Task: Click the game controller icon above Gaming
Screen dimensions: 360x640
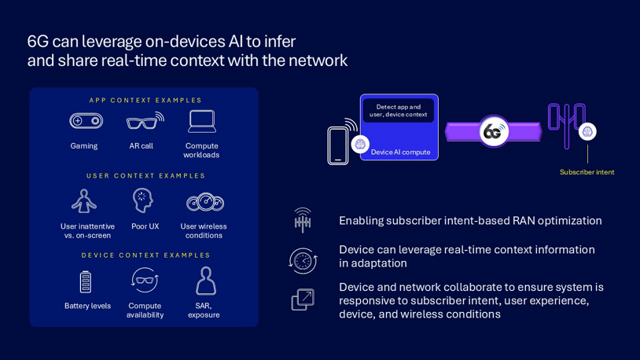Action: [86, 121]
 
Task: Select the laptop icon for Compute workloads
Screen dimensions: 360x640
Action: [202, 121]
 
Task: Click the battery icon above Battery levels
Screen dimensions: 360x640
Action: [86, 281]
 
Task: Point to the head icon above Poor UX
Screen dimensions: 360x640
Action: [142, 200]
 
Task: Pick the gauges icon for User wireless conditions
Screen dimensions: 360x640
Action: [204, 202]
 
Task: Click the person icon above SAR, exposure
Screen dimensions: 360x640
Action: [205, 281]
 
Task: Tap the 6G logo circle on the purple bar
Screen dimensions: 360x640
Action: [493, 131]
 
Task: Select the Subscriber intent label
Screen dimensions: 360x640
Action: [587, 172]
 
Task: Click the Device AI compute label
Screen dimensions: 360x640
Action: [400, 152]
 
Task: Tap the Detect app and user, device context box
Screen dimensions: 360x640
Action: [398, 111]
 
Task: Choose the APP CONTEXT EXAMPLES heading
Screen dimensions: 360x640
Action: [145, 101]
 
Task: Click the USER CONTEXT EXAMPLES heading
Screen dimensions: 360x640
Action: [145, 176]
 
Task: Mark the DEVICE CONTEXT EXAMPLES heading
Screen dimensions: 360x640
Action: [145, 255]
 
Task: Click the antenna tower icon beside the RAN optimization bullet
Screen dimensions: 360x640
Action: [303, 221]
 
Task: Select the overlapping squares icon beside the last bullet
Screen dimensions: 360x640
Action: [303, 299]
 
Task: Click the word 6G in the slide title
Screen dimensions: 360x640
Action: [38, 42]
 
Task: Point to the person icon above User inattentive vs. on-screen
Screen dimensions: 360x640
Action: [84, 201]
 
